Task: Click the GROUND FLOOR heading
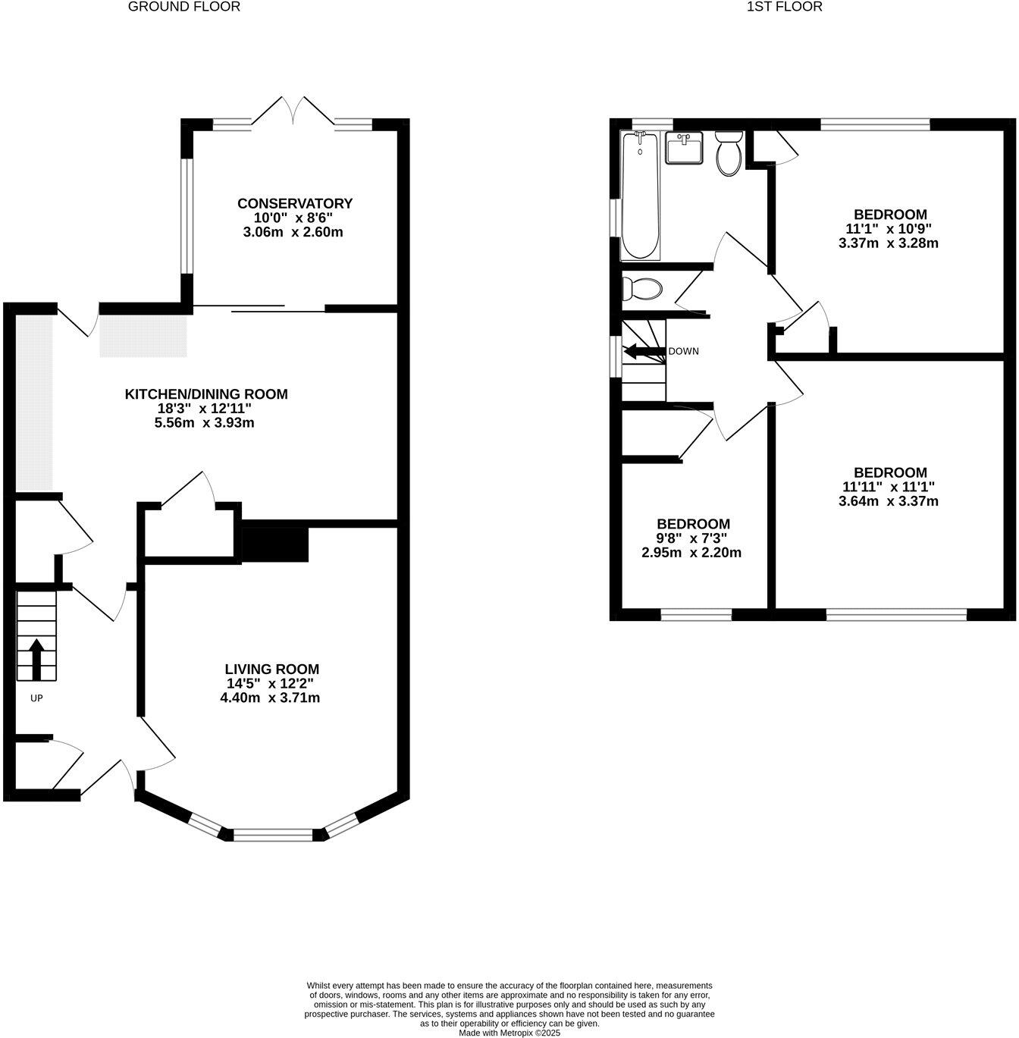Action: [183, 7]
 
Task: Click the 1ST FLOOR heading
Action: [784, 7]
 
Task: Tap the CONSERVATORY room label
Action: [294, 204]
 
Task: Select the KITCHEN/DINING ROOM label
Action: [206, 394]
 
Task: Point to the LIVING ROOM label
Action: [271, 670]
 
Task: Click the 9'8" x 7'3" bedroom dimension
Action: [693, 538]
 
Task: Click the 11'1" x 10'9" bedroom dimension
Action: [889, 229]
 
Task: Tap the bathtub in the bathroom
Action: [641, 196]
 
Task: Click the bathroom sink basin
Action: [684, 148]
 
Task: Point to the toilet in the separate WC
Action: [641, 289]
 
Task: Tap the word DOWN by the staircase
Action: [683, 352]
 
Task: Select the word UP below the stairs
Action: [36, 698]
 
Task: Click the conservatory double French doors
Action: [293, 111]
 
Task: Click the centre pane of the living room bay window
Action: [273, 835]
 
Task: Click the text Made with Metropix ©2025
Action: [509, 1033]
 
